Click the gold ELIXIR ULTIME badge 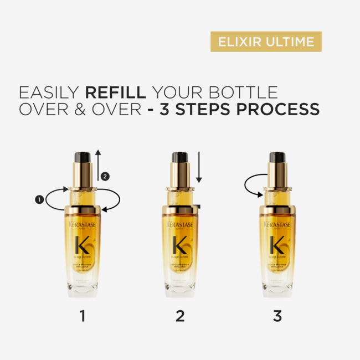click(x=265, y=42)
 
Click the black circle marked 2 click(x=106, y=177)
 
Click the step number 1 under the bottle click(x=83, y=316)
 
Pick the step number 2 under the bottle click(x=179, y=316)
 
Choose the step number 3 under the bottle click(x=277, y=316)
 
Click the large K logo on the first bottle click(x=83, y=244)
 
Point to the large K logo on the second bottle click(x=179, y=244)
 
